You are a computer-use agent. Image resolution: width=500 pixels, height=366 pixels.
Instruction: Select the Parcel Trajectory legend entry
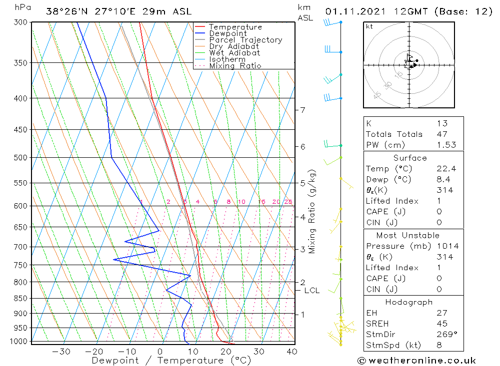245,40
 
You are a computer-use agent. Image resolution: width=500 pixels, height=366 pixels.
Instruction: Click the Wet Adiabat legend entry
234,53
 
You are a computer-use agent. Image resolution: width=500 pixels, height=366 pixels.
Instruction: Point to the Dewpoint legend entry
228,33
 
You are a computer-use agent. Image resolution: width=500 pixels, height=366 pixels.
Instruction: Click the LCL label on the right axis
312,290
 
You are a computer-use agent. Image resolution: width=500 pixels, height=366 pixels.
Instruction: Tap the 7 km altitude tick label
303,110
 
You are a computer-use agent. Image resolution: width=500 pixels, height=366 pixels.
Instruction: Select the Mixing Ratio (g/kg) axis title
312,211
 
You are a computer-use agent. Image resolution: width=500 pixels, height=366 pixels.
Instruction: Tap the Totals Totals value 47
441,134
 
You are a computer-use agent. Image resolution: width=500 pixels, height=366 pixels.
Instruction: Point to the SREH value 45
441,324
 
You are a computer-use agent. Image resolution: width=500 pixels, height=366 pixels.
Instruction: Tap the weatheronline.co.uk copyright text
417,361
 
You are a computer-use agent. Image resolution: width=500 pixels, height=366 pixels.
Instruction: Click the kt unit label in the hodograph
369,26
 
